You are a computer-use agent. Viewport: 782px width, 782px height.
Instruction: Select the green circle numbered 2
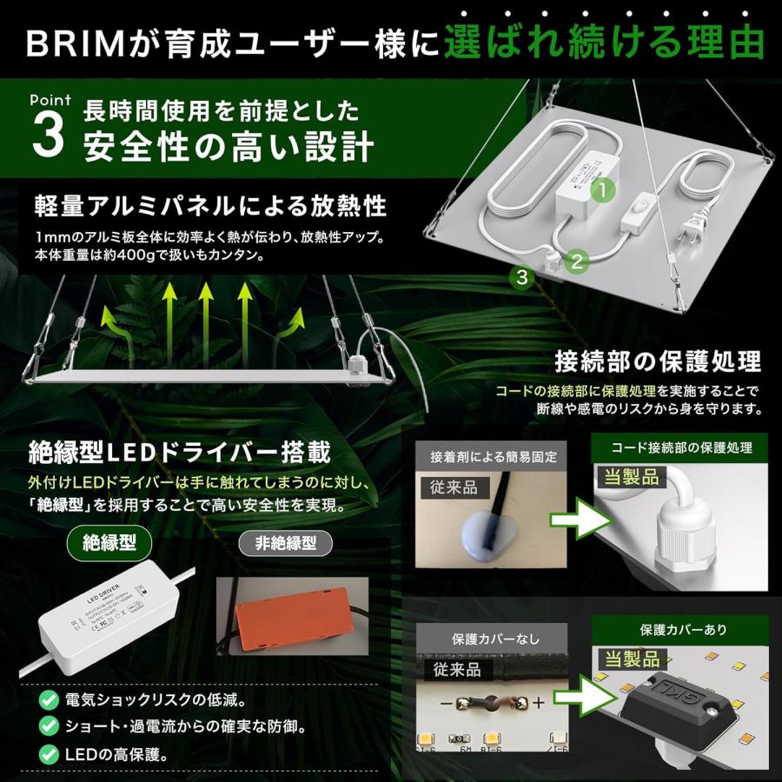(577, 258)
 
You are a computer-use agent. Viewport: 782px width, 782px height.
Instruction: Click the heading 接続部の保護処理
(659, 361)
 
